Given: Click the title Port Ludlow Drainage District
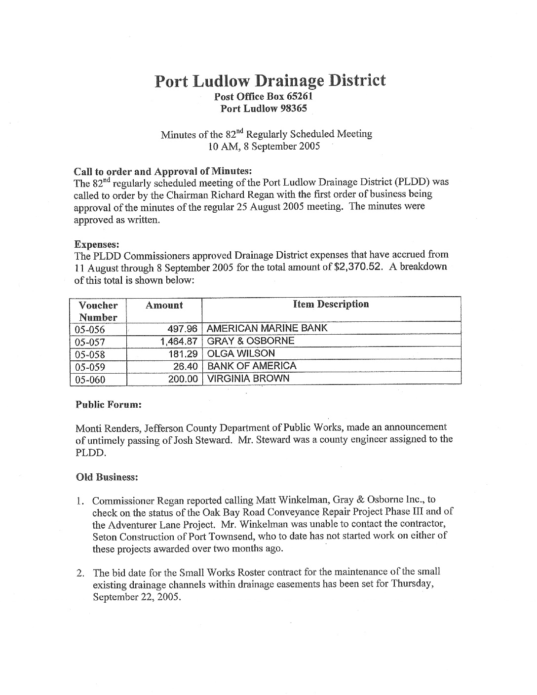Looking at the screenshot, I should click(270, 80).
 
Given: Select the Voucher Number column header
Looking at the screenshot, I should click(98, 311).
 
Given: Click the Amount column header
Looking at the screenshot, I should click(164, 305).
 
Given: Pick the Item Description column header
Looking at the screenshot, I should click(331, 304).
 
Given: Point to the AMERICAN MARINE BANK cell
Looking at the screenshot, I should click(267, 328).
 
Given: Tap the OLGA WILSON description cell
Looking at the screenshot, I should click(241, 353).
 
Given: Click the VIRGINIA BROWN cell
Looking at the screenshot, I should click(248, 379).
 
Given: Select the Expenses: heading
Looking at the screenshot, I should click(93, 244).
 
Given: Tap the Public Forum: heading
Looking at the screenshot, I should click(109, 404).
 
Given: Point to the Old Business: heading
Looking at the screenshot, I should click(107, 477).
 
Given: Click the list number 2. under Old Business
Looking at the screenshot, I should click(80, 573).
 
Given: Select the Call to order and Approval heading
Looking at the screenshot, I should click(163, 171).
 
